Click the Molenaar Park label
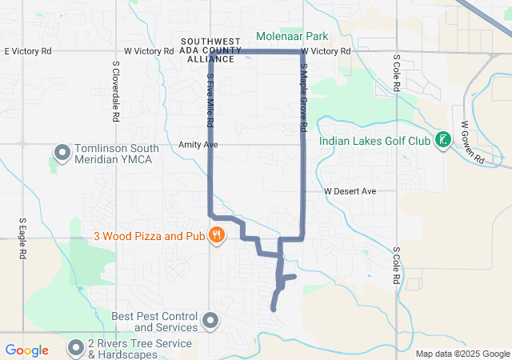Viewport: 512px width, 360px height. click(294, 36)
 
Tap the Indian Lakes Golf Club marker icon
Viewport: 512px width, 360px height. click(441, 141)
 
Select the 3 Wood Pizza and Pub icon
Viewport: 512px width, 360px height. click(216, 235)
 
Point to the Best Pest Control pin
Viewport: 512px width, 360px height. click(210, 322)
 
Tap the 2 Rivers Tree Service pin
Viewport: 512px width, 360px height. click(76, 347)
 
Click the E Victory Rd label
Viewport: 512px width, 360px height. click(28, 51)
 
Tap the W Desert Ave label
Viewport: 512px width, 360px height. click(350, 192)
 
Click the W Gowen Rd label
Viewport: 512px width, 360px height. click(472, 142)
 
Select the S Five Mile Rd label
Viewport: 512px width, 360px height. click(210, 102)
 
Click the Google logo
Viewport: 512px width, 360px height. click(27, 350)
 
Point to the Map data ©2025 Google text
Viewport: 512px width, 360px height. click(462, 354)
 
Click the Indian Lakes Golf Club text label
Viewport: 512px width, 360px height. click(374, 141)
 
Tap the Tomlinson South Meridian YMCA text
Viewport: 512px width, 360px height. click(118, 154)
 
